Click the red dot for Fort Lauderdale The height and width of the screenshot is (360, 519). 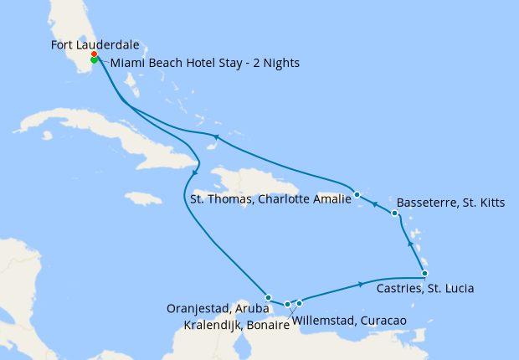coord(95,55)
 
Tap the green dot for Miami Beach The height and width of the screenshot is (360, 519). coord(94,60)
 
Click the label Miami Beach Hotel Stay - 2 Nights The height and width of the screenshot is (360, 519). coord(205,64)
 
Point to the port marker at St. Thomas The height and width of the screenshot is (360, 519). coord(357,194)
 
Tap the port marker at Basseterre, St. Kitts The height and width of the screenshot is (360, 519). coord(394,214)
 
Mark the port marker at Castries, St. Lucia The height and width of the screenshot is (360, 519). coord(424,274)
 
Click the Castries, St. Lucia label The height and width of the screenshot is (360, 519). coord(425,289)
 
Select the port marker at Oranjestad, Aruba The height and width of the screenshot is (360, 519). coord(268,297)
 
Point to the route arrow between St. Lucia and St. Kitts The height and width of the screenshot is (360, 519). coord(409,243)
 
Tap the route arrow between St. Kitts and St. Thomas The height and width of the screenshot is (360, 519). coord(376,204)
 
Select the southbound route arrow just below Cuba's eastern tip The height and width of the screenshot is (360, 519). coord(195,172)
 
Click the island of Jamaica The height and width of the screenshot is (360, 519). coord(144,198)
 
